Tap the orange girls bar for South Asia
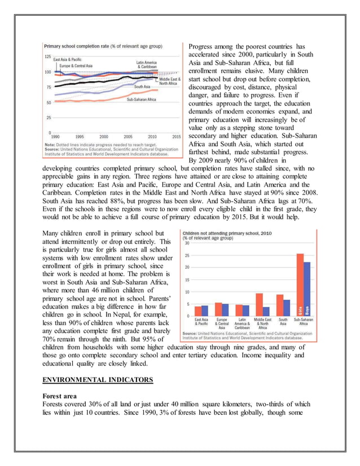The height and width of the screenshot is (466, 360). pos(279,305)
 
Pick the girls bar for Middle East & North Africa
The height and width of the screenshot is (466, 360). pos(260,305)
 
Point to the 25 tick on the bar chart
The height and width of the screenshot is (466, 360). pos(187,255)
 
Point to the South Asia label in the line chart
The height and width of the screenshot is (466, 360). pos(142,87)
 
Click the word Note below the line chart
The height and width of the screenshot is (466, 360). pos(49,144)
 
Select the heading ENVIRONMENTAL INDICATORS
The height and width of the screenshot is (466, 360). pos(97,380)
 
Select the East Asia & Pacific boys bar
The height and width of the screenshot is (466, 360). pos(204,310)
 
